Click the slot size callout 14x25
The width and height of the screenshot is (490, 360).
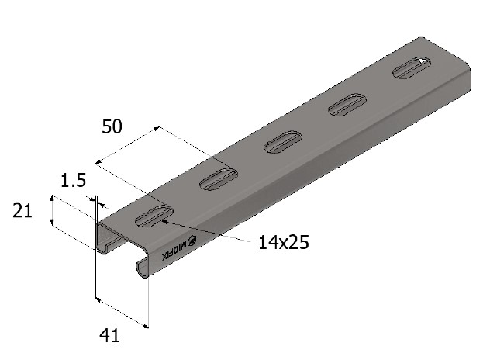coord(284,243)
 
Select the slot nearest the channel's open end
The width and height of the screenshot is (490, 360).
coord(154,217)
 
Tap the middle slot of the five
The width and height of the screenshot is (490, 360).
coord(282,142)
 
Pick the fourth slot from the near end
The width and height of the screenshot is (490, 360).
coord(347,105)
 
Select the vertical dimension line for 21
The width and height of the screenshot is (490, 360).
coord(52,211)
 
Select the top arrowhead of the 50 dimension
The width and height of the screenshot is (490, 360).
coord(157,128)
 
